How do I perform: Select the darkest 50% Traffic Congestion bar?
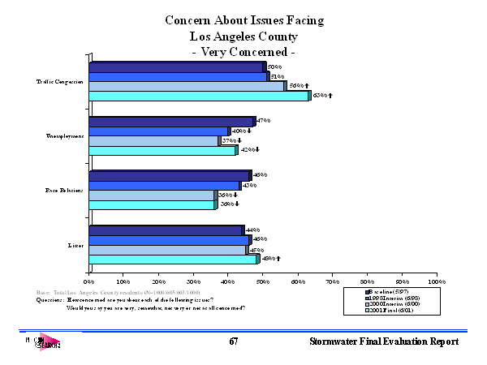click(177, 67)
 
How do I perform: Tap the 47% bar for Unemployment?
click(172, 122)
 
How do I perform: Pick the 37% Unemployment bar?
click(153, 140)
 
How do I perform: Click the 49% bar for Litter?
click(174, 260)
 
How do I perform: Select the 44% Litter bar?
click(166, 230)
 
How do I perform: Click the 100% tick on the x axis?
click(437, 281)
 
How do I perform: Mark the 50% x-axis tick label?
click(263, 281)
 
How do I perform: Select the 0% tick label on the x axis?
click(89, 281)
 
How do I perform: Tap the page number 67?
click(233, 342)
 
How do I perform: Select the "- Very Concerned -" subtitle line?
click(242, 52)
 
